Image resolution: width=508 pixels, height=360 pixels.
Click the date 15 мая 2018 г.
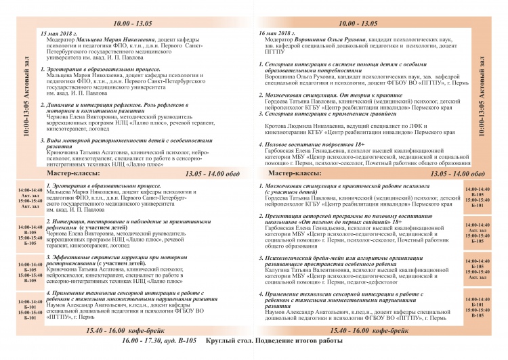60,33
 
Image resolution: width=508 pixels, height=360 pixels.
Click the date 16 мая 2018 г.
278,33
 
